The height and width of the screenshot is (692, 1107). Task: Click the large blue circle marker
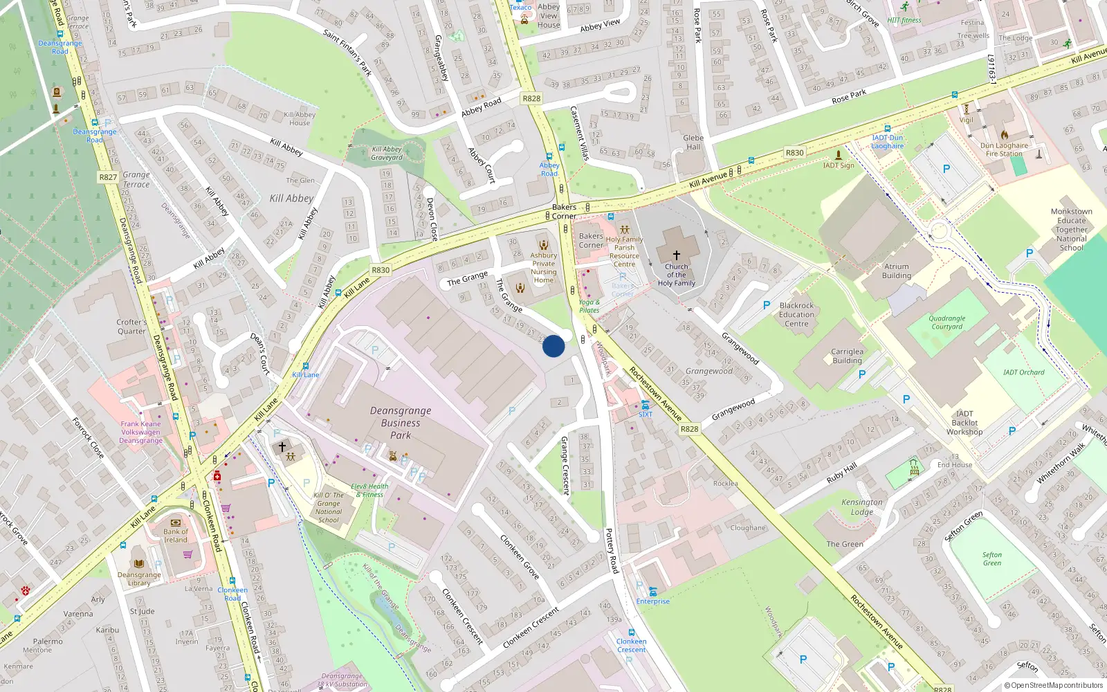coord(553,346)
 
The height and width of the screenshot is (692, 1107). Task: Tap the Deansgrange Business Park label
coord(401,423)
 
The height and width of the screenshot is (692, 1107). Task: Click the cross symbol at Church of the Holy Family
coord(677,255)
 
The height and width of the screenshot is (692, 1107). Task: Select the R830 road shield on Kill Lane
coord(381,271)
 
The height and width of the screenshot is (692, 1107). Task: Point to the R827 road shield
coord(108,177)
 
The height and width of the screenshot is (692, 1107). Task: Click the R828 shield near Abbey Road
coord(531,98)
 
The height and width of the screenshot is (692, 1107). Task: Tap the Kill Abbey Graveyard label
coord(387,153)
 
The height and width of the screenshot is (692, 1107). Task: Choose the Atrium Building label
coord(897,271)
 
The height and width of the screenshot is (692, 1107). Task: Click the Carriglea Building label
coord(847,356)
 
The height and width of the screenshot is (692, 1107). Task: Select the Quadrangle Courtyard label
coord(947,322)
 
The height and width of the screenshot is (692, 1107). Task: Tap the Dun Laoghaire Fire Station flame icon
coord(1004,135)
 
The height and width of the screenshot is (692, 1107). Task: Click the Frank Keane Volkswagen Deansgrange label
coord(140,432)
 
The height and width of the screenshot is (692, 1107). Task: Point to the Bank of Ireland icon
coord(175,522)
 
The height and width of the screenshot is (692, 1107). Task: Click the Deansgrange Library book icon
coord(139,563)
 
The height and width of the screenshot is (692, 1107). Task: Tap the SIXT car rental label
coord(646,415)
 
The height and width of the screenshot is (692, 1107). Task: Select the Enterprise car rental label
coord(653,601)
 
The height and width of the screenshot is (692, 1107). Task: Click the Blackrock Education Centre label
coord(796,314)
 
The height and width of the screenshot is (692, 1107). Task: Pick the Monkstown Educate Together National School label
coord(1071,230)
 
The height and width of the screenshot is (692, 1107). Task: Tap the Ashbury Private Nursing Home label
coord(544,267)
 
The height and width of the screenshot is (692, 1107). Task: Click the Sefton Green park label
coord(991,558)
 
